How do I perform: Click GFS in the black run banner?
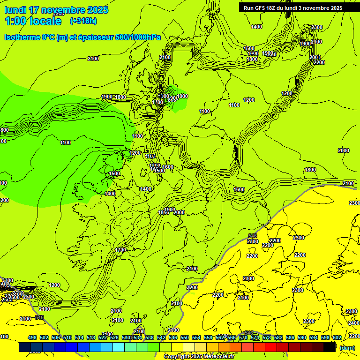coord(262,8)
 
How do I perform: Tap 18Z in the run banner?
coord(274,8)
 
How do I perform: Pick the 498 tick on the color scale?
coord(32,338)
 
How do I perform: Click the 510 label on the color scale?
coord(67,338)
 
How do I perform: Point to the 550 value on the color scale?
coord(185,338)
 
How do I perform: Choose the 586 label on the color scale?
coord(290,338)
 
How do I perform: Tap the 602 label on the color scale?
coord(337,338)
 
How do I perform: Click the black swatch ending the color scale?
coord(330,347)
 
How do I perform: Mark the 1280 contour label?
coord(135,153)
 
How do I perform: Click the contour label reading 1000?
coord(182,96)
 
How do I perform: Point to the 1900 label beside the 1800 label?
coord(107,97)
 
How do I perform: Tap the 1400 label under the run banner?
coord(256,27)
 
